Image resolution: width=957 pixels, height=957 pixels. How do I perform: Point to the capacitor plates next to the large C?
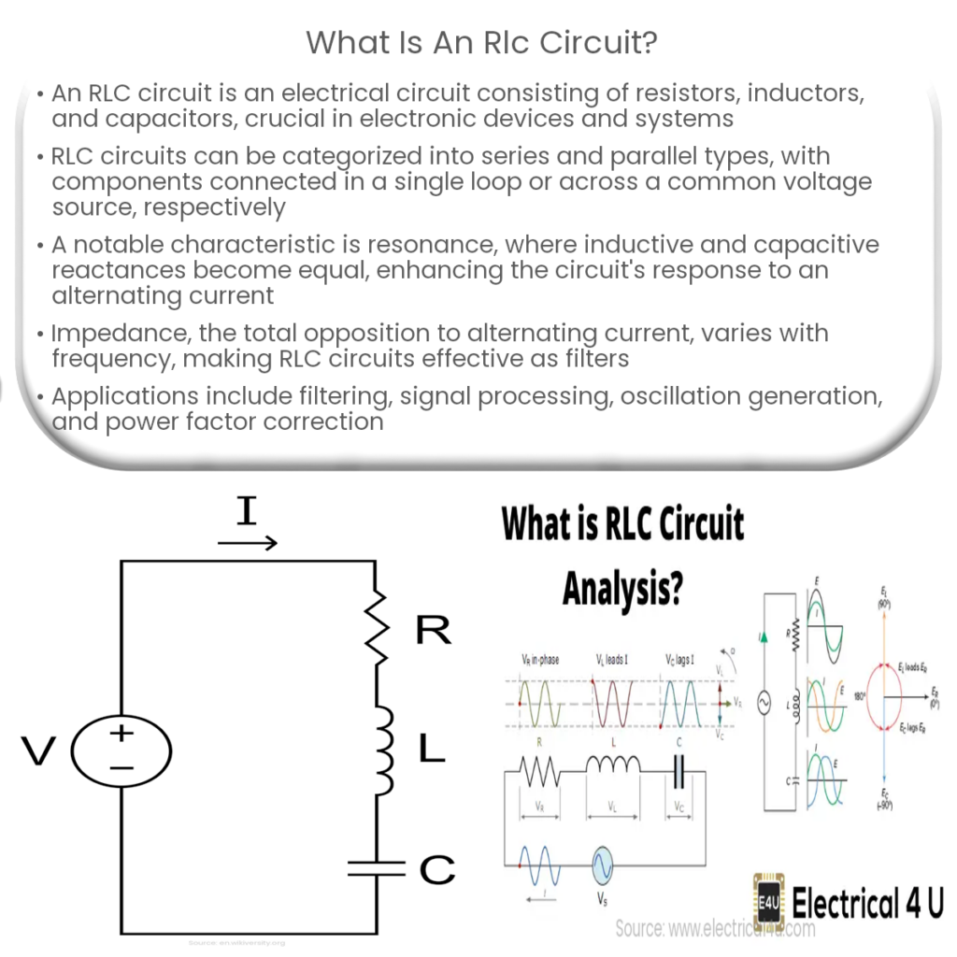tap(376, 868)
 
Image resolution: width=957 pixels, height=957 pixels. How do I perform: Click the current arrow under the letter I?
tap(248, 543)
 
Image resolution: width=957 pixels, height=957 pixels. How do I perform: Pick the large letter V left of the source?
tap(39, 750)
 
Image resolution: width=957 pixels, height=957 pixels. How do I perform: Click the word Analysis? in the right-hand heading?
tap(622, 588)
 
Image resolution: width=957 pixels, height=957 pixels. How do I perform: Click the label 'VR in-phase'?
tap(541, 660)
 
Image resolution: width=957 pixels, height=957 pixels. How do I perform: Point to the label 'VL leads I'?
tap(613, 660)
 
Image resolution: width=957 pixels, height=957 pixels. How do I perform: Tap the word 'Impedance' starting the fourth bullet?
tap(112, 333)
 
